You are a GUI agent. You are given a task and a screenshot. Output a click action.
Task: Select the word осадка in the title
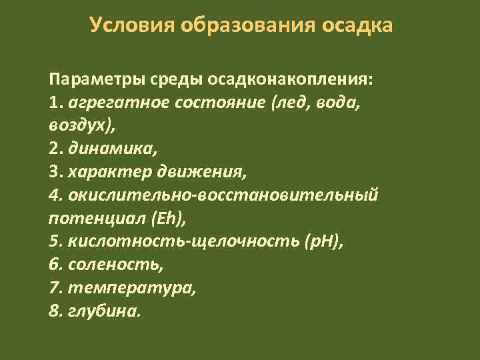(x=357, y=25)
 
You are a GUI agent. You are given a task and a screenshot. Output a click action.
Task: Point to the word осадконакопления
(x=290, y=80)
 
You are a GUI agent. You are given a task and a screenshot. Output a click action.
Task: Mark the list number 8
(x=54, y=311)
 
